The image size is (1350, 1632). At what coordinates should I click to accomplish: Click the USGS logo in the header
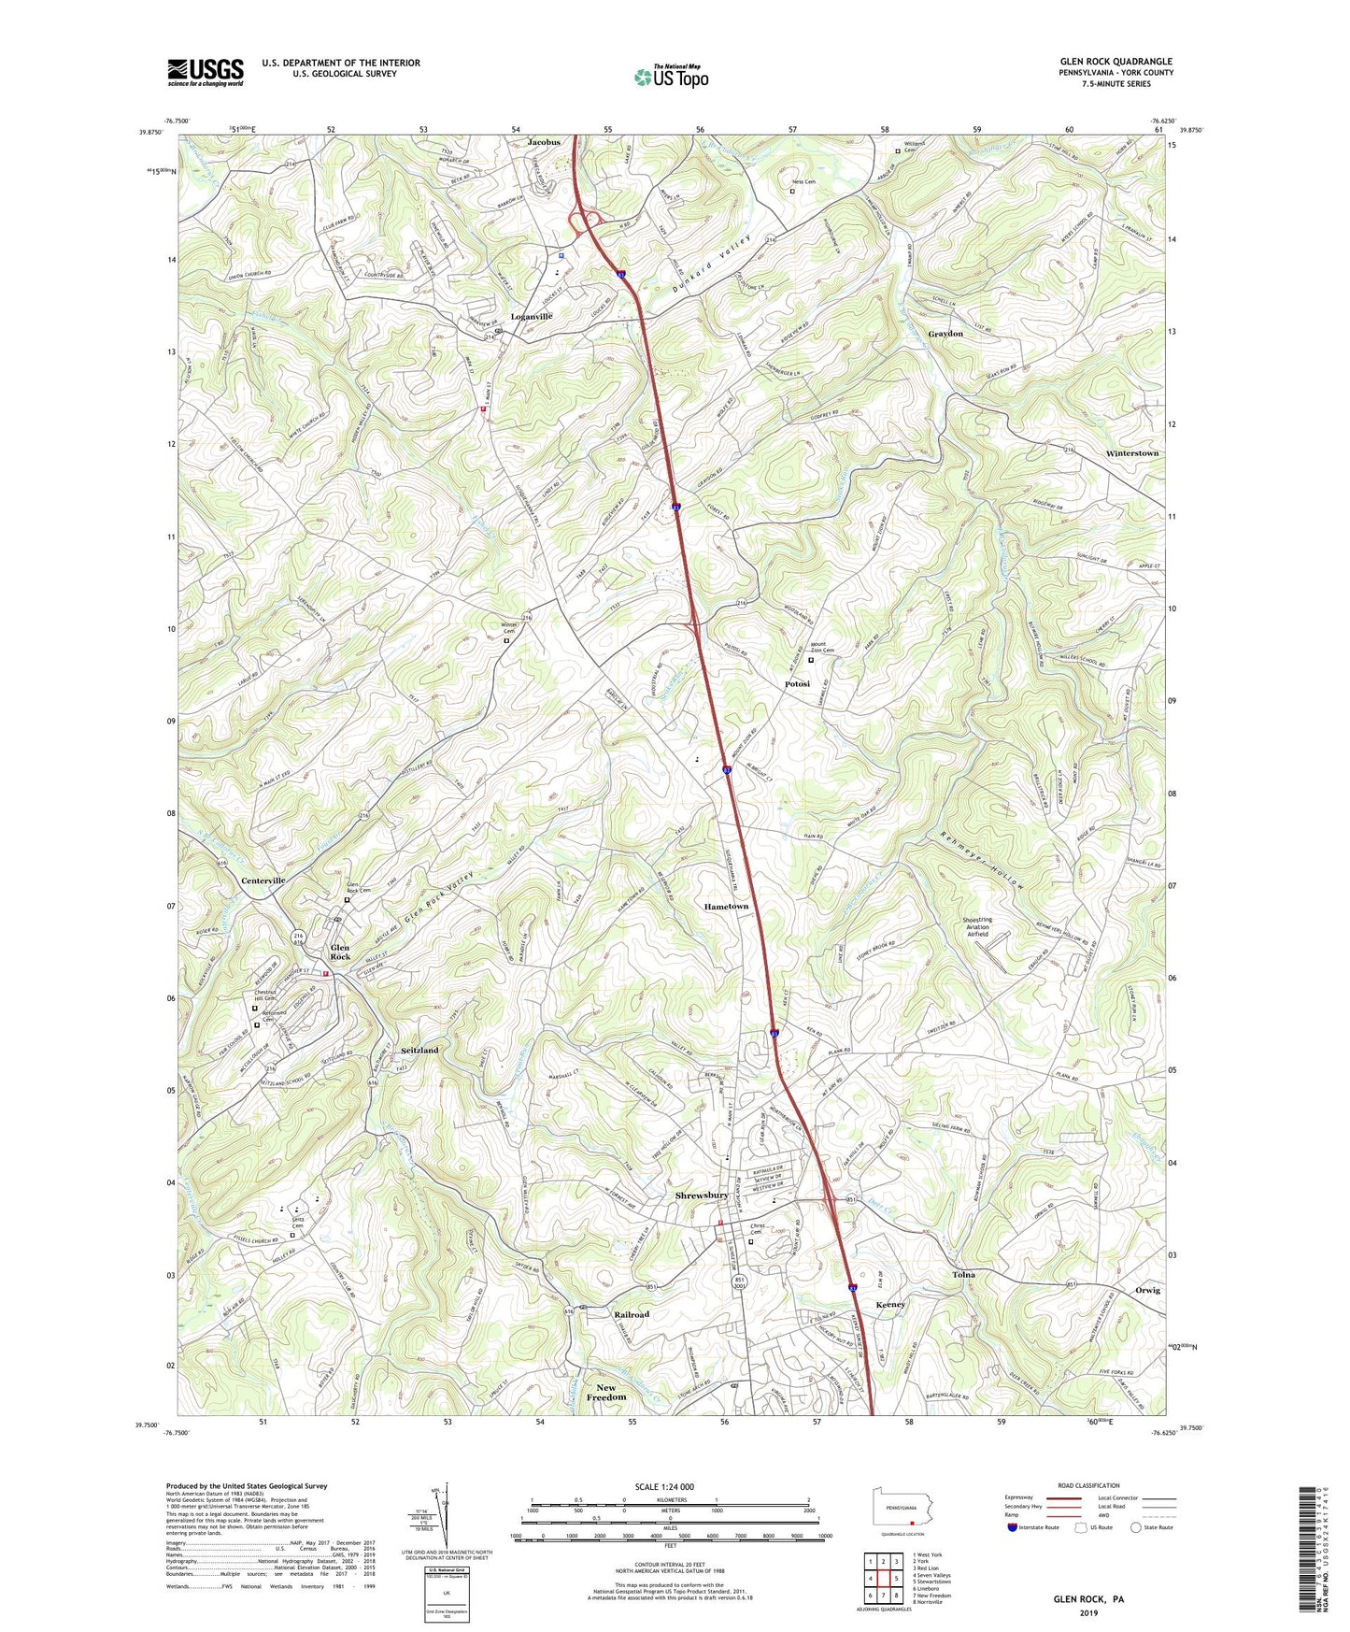pyautogui.click(x=206, y=71)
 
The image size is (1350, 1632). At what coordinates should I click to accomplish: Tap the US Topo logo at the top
pyautogui.click(x=671, y=77)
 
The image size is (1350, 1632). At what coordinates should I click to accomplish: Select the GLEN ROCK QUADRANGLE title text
pyautogui.click(x=1116, y=62)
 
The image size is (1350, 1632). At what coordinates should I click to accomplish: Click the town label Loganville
pyautogui.click(x=532, y=317)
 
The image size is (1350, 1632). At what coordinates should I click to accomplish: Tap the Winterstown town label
pyautogui.click(x=1131, y=453)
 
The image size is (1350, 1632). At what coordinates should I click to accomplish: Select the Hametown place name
pyautogui.click(x=726, y=907)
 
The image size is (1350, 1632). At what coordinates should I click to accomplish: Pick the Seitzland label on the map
pyautogui.click(x=419, y=1051)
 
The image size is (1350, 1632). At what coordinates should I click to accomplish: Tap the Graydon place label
pyautogui.click(x=945, y=334)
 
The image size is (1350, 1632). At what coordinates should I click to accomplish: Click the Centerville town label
pyautogui.click(x=263, y=880)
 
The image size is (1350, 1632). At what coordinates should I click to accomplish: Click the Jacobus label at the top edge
pyautogui.click(x=544, y=142)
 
